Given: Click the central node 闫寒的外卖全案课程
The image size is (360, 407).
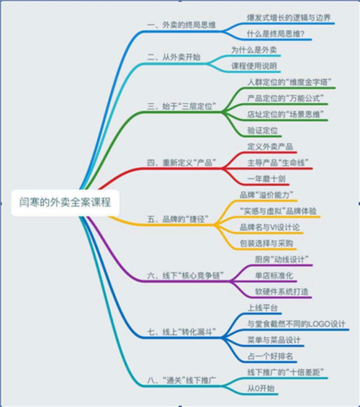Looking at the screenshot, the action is [65, 202].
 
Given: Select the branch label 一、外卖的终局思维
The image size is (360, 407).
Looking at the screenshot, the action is [181, 25].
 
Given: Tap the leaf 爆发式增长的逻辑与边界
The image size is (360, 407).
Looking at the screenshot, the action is [289, 18].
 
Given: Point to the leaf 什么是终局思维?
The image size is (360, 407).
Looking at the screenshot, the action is [276, 34].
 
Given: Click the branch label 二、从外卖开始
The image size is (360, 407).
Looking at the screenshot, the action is [174, 57].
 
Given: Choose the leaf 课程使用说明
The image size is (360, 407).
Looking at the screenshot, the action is [254, 66].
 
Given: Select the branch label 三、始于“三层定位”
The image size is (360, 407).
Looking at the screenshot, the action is [181, 106].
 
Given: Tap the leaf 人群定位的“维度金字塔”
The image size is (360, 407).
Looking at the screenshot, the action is [289, 82].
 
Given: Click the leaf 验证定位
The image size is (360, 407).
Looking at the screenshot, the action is [262, 130].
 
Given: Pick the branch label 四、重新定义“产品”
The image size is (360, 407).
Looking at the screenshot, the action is [181, 163].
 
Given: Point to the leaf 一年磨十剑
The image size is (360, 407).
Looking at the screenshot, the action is [266, 179].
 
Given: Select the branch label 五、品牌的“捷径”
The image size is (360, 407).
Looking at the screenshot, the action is [178, 219].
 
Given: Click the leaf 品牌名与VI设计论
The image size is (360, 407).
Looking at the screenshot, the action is [269, 227].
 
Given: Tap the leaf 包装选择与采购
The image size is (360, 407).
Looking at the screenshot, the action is [266, 243].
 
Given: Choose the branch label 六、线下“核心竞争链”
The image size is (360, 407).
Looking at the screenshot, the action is [186, 275].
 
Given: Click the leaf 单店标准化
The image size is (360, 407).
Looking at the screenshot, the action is [274, 275].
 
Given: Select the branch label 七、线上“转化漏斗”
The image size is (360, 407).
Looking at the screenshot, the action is [181, 332].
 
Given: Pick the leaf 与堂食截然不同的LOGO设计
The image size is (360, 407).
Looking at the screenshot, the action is [296, 323].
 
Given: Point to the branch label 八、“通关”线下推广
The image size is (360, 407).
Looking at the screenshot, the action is [181, 380].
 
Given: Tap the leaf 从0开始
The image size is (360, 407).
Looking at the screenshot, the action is [261, 388].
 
